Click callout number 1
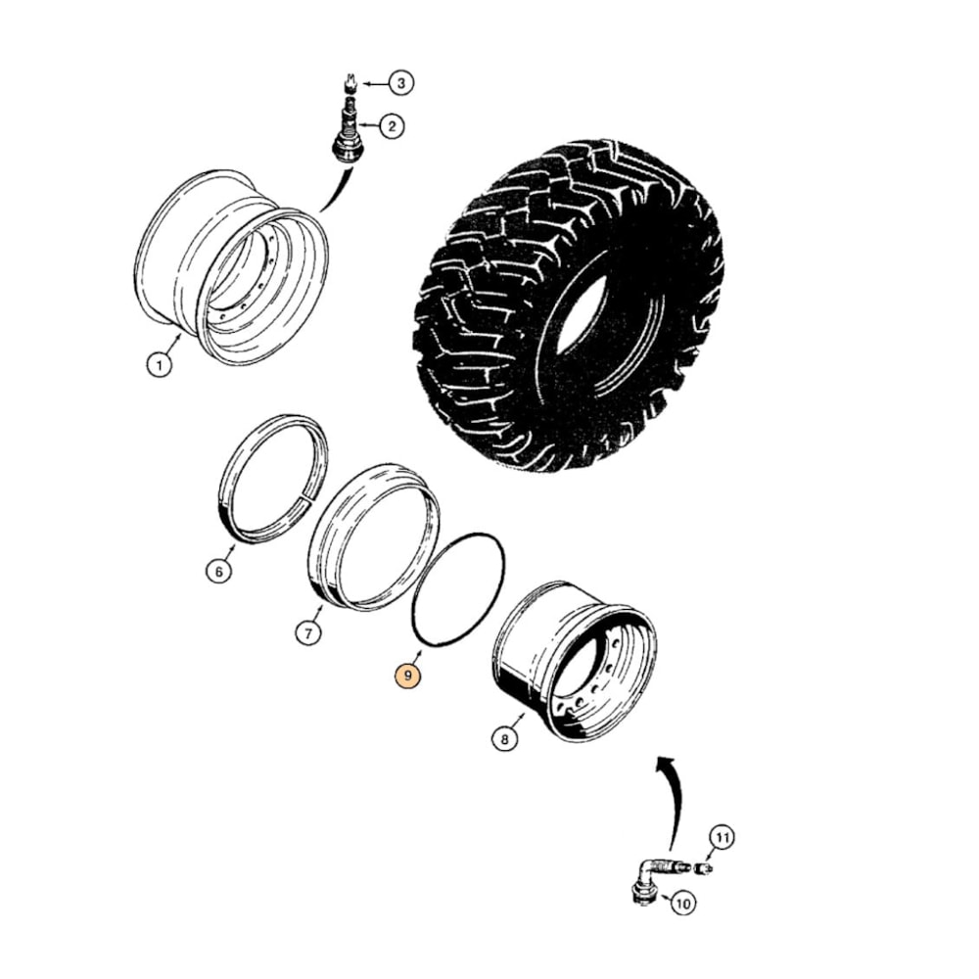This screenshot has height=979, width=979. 158,365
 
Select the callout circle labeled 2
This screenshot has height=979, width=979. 391,126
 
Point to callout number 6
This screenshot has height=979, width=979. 219,571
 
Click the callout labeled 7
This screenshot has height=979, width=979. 307,633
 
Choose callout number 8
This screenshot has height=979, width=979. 504,739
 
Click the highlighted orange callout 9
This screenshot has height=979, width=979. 405,676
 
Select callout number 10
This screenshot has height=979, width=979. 682,903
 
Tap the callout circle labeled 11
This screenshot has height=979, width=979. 722,838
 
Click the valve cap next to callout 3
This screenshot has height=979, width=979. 350,80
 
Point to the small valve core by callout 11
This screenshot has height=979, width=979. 703,867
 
